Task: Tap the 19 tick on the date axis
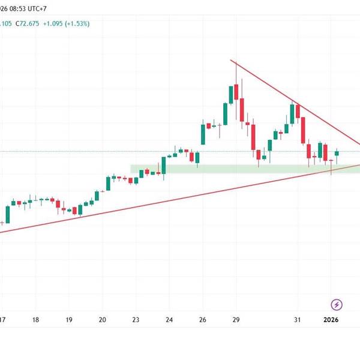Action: pos(69,320)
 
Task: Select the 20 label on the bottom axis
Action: pos(102,320)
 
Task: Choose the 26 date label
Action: pos(203,320)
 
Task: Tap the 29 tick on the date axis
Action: pos(236,320)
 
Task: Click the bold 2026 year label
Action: pos(331,320)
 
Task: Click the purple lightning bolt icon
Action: pos(337,304)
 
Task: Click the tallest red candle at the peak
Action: pos(236,92)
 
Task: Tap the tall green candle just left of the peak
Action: pos(231,94)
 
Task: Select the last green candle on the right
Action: pos(337,154)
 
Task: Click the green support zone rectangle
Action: pos(240,169)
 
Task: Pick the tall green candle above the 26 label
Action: pos(203,134)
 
